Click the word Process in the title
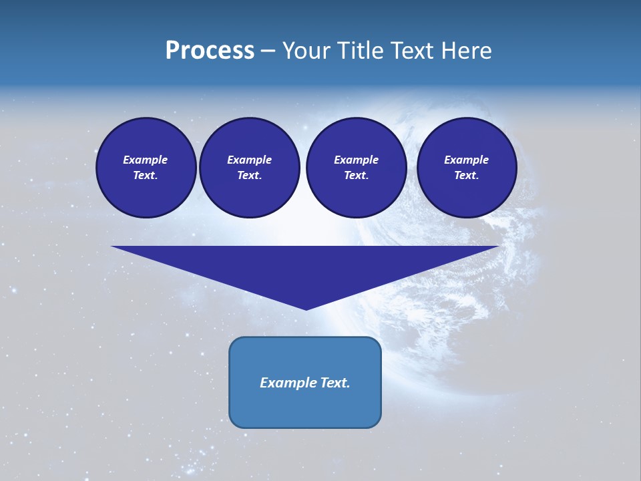coord(210,51)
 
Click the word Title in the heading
coord(361,51)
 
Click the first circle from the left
coord(146,167)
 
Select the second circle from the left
coord(250,167)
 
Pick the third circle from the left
coord(357,167)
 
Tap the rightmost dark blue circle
coord(467,167)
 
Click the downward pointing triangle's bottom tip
coord(306,308)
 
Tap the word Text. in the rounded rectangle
coord(333,383)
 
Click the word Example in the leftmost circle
coord(146,160)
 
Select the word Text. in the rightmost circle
coord(467,175)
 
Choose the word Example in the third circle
coord(357,160)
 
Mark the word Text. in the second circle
coord(250,175)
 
